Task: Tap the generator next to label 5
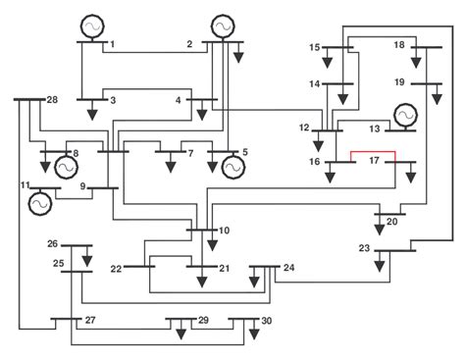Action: [x=232, y=168]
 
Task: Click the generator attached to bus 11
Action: [x=40, y=202]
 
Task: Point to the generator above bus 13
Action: [x=404, y=116]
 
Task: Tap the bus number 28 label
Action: [x=52, y=101]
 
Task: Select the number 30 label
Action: [x=265, y=322]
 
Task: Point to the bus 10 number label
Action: [x=224, y=231]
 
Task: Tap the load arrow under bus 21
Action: [x=202, y=281]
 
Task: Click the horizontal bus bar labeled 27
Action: [x=67, y=319]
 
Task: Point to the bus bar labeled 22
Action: [x=139, y=265]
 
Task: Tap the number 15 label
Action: [x=315, y=47]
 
